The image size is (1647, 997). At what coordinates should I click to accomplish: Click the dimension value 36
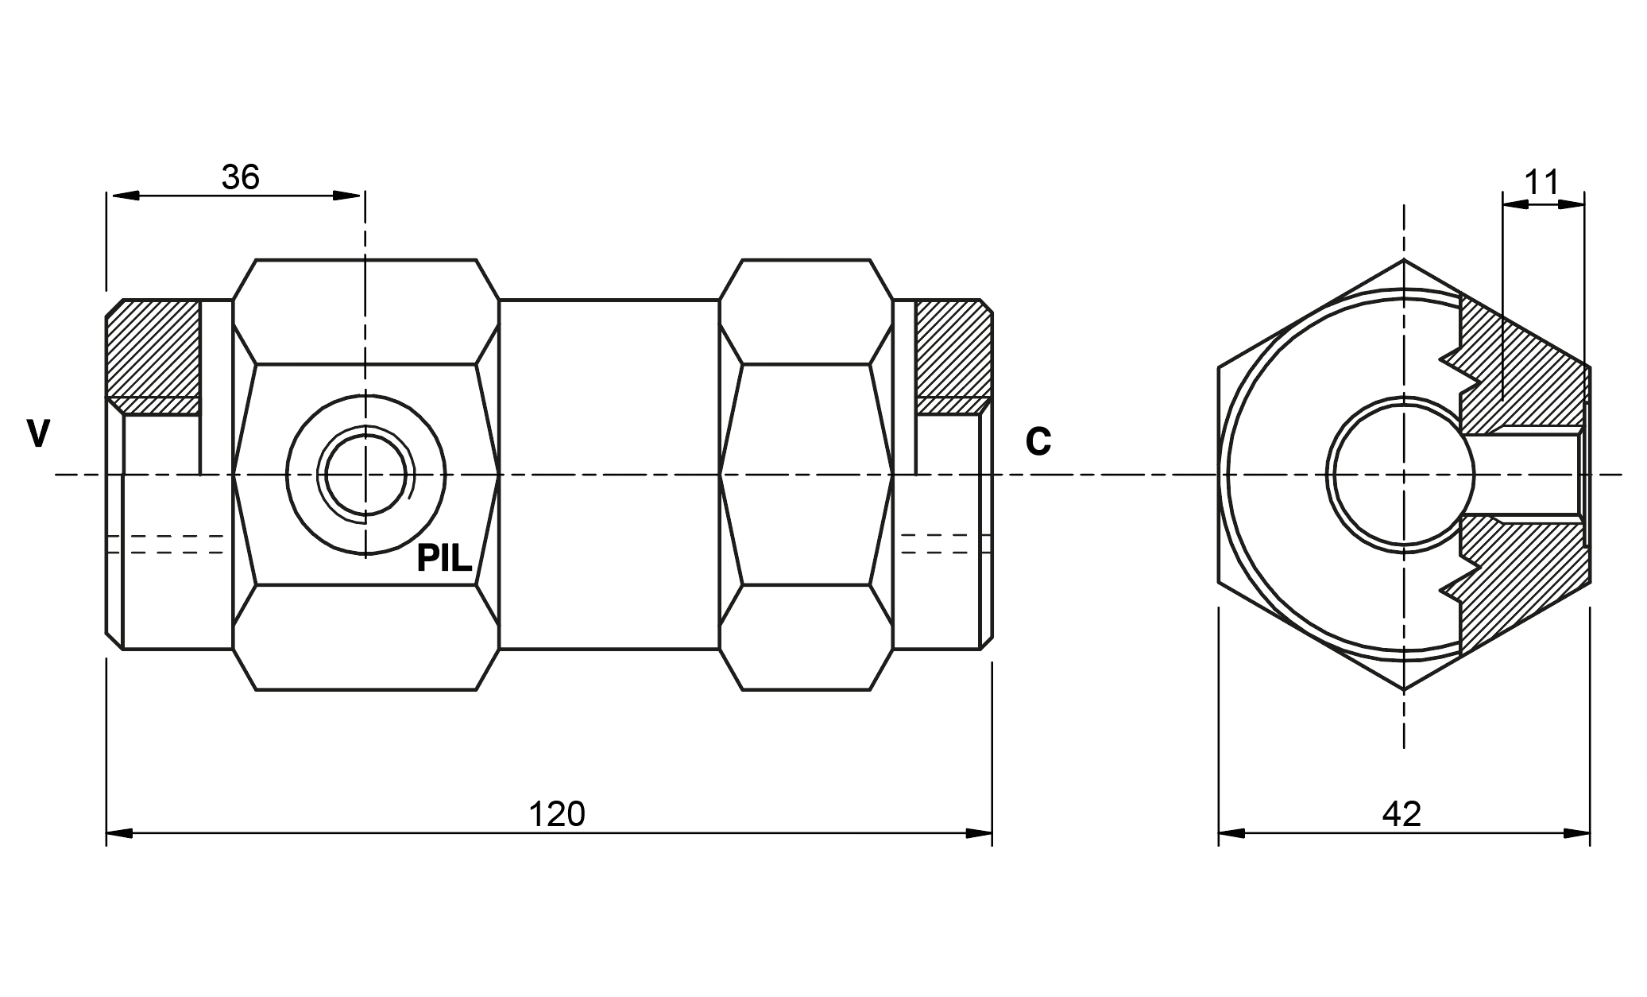(241, 177)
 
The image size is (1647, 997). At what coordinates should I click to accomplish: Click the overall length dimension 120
(557, 814)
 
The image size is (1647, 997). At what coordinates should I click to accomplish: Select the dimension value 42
(1402, 814)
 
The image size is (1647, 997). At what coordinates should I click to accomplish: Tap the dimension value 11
(1542, 182)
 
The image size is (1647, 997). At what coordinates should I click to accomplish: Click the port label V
(38, 434)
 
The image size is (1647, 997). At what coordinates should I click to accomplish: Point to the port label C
(1038, 442)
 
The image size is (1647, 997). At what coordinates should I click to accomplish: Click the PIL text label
(445, 559)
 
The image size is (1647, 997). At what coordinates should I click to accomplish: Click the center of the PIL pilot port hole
(365, 475)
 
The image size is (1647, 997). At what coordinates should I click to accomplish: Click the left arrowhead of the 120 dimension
(119, 833)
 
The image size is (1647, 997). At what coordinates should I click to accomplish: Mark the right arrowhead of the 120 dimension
(979, 833)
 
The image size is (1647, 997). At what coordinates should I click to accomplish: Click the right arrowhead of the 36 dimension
(346, 196)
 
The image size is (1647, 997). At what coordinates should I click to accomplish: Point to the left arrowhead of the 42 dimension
(1232, 833)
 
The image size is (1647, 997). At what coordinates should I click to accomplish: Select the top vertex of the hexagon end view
(1404, 259)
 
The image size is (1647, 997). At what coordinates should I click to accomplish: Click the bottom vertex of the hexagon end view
(1404, 690)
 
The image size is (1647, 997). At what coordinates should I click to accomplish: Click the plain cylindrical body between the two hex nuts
(609, 475)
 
